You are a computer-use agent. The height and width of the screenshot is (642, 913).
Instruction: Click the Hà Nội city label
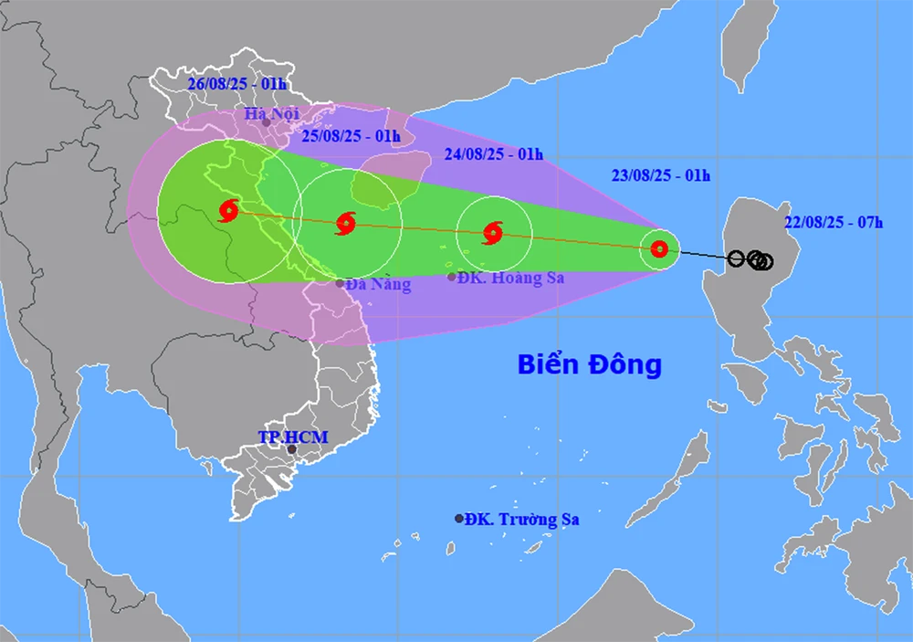click(x=273, y=114)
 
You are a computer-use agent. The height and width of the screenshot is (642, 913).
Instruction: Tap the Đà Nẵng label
click(x=379, y=284)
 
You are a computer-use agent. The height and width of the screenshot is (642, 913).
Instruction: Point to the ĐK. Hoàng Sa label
click(x=511, y=279)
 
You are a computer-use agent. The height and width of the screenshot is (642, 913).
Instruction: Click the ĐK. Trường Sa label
click(x=522, y=520)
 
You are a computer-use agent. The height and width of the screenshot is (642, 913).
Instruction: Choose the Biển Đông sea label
click(x=589, y=365)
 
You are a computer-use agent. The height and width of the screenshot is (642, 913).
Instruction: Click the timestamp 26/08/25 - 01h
click(x=236, y=84)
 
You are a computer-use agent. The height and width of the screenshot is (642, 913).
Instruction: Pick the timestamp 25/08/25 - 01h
click(x=352, y=137)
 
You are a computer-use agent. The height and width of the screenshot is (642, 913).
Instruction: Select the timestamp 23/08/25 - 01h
click(x=660, y=175)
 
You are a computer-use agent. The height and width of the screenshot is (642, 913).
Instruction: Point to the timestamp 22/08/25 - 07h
click(x=834, y=222)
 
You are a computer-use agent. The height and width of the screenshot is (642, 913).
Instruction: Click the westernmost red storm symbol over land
click(x=228, y=211)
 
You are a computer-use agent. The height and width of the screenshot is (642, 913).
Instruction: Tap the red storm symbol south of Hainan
click(x=345, y=222)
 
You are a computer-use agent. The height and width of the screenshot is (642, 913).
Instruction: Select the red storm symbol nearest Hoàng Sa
click(x=493, y=233)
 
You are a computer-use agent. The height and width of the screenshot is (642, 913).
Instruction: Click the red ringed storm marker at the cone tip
click(x=659, y=247)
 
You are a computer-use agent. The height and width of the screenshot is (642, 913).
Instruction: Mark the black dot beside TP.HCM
click(x=292, y=449)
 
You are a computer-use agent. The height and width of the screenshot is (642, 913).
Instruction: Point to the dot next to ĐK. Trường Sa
click(x=459, y=519)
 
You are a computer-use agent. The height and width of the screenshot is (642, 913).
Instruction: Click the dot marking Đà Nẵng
click(x=340, y=283)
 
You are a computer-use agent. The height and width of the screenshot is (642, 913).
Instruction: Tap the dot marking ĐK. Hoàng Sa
click(x=452, y=277)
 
